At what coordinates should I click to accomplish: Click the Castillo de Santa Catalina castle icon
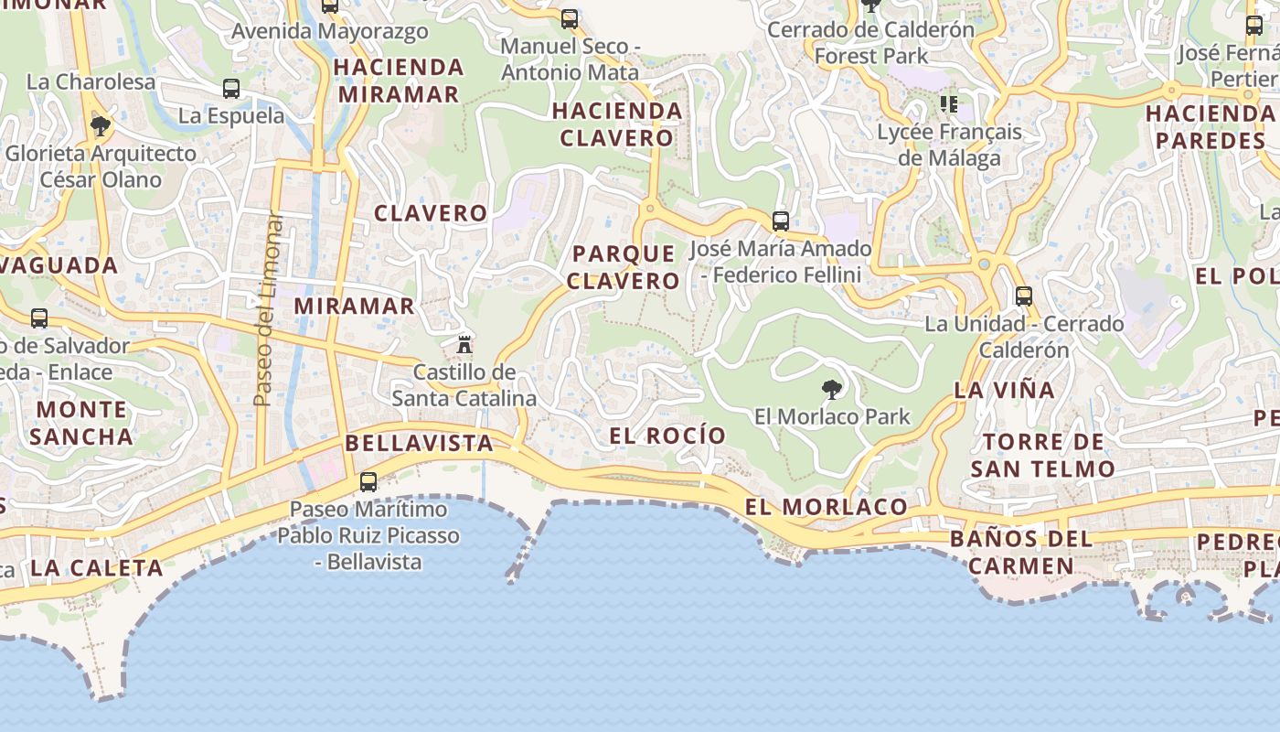click(464, 344)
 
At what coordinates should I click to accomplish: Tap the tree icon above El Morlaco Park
click(831, 390)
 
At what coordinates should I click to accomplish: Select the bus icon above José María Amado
click(780, 221)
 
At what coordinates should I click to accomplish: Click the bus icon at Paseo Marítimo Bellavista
click(368, 481)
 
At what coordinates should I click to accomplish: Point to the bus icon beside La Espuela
click(231, 89)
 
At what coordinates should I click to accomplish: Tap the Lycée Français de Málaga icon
click(949, 104)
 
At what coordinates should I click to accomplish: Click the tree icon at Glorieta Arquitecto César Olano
click(101, 125)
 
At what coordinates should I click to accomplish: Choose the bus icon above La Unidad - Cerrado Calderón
click(1024, 296)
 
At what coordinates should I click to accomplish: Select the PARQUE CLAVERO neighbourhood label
click(624, 267)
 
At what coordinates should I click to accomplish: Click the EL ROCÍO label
click(667, 436)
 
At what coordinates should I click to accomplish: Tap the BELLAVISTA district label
click(419, 444)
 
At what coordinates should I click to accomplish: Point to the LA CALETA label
click(96, 567)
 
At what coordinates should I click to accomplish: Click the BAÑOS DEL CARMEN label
click(1021, 552)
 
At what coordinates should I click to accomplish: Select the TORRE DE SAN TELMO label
click(1043, 456)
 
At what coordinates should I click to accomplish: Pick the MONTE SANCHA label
click(81, 423)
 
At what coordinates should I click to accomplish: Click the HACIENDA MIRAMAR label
click(399, 81)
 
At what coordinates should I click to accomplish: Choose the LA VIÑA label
click(1004, 390)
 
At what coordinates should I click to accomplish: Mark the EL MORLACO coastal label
click(826, 507)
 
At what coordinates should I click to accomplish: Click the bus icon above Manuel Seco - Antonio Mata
click(570, 18)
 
